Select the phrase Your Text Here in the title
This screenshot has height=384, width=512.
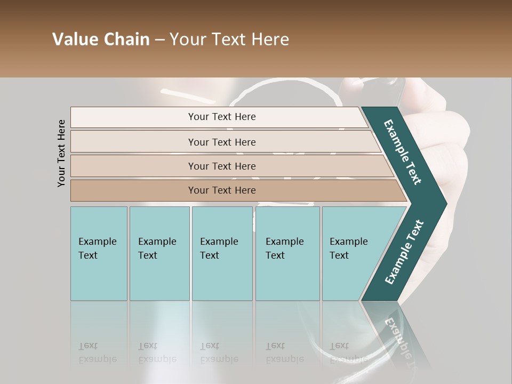(x=229, y=39)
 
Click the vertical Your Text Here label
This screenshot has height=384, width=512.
(x=61, y=153)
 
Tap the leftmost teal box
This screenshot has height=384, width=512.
(x=99, y=253)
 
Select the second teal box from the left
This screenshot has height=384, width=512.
(x=159, y=253)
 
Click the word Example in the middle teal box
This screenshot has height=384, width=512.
(x=219, y=242)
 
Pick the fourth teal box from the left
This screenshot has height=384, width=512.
(x=287, y=253)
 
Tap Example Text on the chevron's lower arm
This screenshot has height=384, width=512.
(x=404, y=252)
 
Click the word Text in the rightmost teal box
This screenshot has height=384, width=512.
(x=339, y=255)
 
